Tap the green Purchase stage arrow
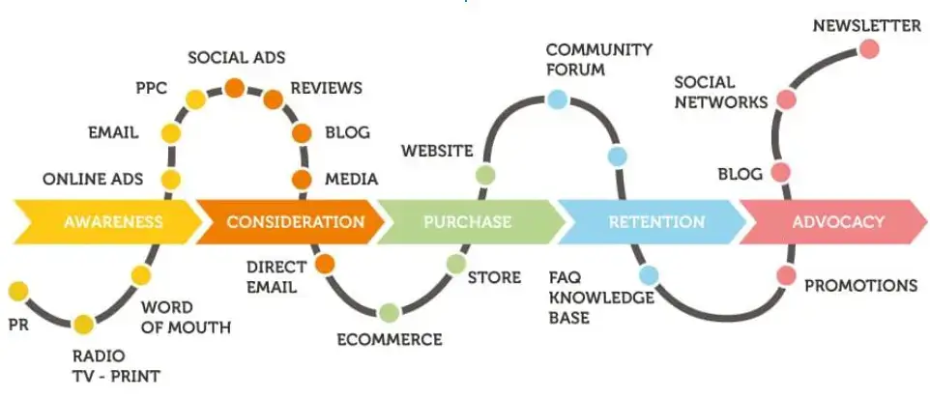(468, 222)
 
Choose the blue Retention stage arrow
(655, 222)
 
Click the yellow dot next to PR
(16, 290)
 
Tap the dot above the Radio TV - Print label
(83, 325)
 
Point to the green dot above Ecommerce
(389, 312)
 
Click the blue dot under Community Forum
(556, 98)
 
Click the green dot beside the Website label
(485, 175)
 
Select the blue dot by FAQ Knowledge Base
(649, 276)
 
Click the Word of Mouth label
(186, 318)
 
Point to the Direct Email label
(276, 275)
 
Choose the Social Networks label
(720, 92)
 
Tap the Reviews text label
(326, 88)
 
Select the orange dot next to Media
(302, 179)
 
